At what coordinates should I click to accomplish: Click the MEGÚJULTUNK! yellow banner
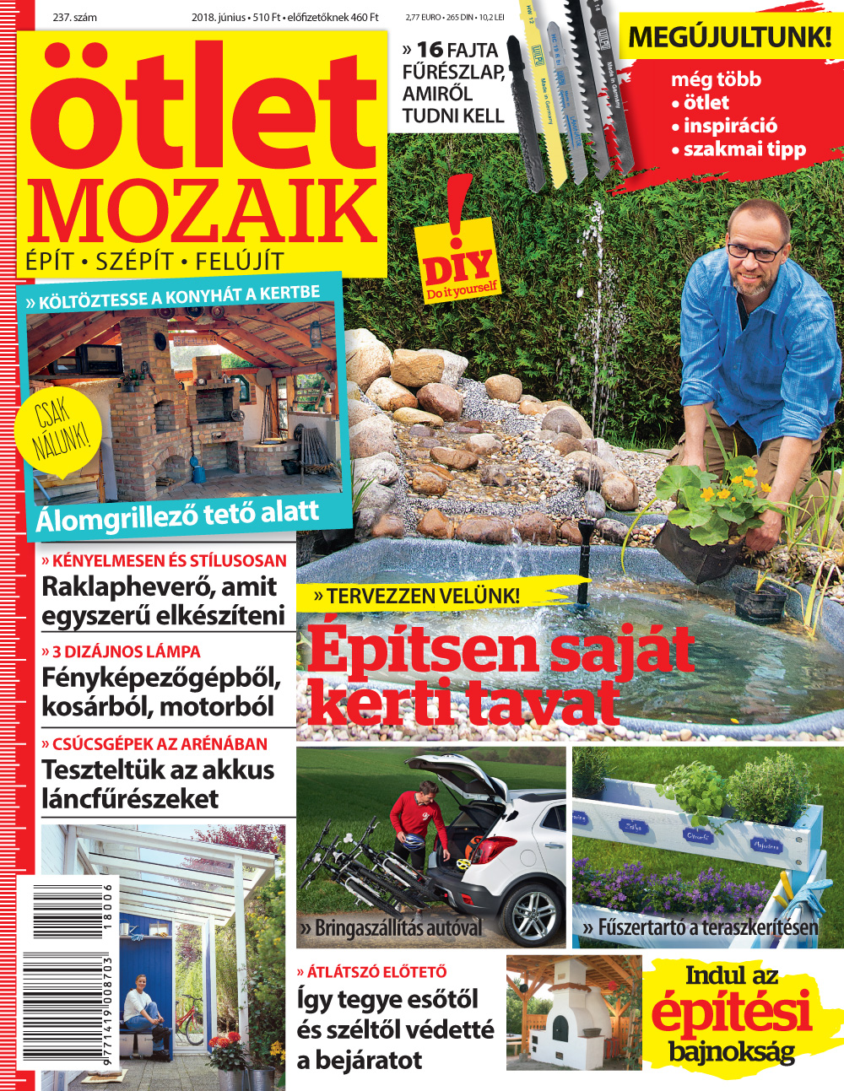click(729, 37)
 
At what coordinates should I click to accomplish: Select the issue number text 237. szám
click(74, 17)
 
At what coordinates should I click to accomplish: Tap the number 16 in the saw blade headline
click(430, 50)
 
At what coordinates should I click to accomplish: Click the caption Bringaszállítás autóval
click(390, 928)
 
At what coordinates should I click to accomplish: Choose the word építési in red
click(731, 1013)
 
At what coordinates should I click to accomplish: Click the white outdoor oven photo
click(573, 1013)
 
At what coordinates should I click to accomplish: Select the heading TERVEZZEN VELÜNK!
click(417, 596)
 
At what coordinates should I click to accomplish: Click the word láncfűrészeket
click(130, 798)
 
